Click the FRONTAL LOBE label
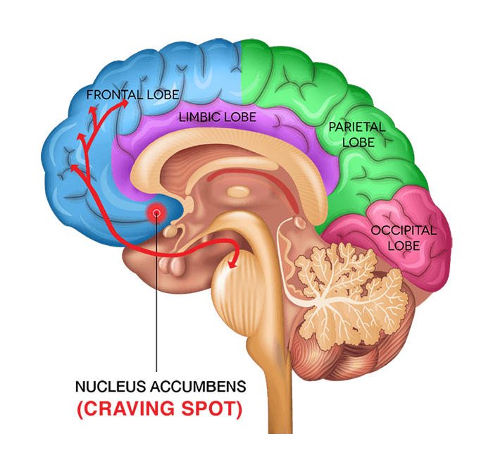[x=132, y=94]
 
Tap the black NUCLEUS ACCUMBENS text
[x=161, y=387]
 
